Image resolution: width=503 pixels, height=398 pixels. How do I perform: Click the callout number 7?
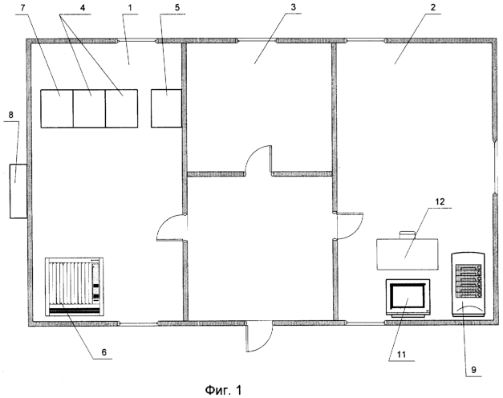click(22, 8)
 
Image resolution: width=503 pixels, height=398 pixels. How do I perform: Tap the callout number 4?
click(83, 8)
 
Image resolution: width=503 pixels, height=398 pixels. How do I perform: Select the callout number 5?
click(177, 8)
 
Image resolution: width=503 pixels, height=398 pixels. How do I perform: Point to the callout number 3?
click(293, 7)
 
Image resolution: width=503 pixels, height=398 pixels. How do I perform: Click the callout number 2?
click(433, 7)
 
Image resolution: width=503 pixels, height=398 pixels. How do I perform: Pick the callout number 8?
click(11, 115)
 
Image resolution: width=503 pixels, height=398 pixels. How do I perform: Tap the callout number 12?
click(440, 201)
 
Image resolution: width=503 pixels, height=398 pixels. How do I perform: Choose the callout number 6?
click(104, 352)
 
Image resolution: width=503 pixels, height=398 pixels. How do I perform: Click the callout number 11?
click(402, 355)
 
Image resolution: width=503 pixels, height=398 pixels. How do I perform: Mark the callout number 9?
click(473, 370)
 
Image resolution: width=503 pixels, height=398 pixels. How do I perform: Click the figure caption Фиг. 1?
click(223, 390)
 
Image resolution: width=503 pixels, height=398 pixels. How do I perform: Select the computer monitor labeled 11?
click(408, 298)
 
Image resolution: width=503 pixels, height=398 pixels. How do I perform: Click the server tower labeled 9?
click(468, 285)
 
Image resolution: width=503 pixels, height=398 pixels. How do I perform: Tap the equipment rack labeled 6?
click(74, 286)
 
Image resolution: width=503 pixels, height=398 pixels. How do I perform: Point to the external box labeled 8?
click(18, 191)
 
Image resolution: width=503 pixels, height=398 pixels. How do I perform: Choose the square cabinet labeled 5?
click(167, 108)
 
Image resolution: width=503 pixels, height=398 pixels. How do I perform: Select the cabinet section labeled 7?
click(57, 108)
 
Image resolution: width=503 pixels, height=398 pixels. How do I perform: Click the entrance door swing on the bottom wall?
click(259, 336)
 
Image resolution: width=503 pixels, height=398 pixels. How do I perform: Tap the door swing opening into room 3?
click(258, 160)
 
